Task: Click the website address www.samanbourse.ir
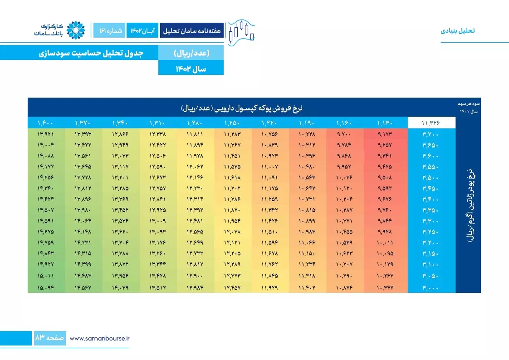tap(100, 339)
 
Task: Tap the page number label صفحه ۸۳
tap(49, 338)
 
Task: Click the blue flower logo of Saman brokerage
tap(76, 30)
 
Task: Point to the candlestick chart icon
tap(241, 33)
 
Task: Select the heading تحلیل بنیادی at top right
tap(458, 31)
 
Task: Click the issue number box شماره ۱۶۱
tap(109, 30)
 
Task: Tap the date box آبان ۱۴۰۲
tap(142, 30)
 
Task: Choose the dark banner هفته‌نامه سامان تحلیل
tap(192, 30)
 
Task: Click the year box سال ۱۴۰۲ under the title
tap(191, 68)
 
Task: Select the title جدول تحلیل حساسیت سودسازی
tap(91, 53)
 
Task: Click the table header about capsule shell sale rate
tap(241, 108)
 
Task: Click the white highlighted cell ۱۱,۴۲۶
tap(431, 123)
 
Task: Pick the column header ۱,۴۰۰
tap(45, 123)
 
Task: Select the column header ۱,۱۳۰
tap(385, 123)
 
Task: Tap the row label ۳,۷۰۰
tap(431, 134)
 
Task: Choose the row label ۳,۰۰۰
tap(431, 288)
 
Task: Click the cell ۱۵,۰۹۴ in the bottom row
tap(45, 288)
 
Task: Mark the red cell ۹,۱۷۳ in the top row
tap(385, 134)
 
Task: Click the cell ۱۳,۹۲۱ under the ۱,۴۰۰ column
tap(45, 134)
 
